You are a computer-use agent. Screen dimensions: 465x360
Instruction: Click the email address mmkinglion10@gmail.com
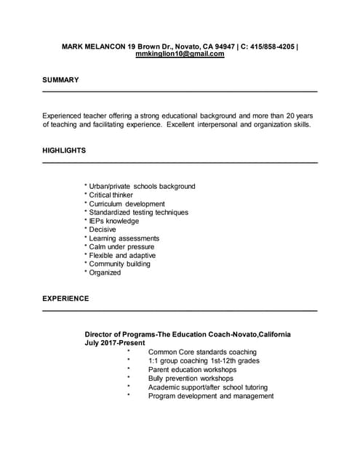point(180,54)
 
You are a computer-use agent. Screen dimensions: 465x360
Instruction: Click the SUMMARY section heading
point(60,80)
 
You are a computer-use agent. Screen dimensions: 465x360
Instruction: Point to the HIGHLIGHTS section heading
point(64,150)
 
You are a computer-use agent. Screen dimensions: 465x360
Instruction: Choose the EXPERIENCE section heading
point(65,299)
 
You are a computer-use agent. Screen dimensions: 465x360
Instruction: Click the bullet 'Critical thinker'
point(111,195)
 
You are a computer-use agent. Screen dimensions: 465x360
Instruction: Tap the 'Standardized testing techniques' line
point(138,213)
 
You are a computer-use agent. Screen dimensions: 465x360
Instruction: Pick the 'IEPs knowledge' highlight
point(113,221)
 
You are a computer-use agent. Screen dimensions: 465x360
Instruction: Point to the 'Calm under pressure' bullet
point(121,247)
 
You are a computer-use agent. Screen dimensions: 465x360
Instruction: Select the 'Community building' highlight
point(119,264)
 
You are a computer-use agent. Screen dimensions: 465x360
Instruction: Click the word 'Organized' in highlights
point(105,272)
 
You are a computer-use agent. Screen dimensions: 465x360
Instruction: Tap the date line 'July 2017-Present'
point(114,343)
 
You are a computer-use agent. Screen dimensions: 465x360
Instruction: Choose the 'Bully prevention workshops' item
point(191,379)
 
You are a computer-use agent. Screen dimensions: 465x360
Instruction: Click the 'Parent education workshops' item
point(192,370)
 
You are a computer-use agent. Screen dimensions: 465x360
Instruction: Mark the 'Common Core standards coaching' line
point(202,352)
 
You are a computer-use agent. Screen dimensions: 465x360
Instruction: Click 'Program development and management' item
point(211,396)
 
